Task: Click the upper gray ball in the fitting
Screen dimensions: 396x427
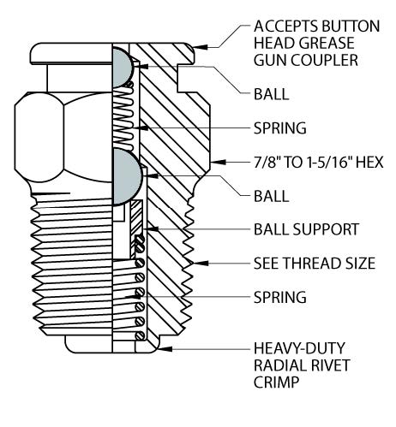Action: click(122, 68)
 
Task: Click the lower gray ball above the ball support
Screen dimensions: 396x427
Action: click(126, 177)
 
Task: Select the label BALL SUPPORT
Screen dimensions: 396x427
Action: click(306, 229)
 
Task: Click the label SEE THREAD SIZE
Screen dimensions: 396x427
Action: click(315, 263)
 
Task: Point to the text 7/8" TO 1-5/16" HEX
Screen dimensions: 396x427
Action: click(318, 162)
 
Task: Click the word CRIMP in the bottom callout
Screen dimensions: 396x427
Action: click(276, 382)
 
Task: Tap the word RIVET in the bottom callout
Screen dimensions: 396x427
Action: click(327, 365)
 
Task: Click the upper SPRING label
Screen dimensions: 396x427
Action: click(280, 128)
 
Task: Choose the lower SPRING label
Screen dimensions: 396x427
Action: click(280, 297)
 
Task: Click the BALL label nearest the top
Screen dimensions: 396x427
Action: click(272, 94)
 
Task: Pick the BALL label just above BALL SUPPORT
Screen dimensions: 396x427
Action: click(272, 196)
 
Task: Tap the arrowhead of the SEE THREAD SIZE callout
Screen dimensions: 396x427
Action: click(201, 263)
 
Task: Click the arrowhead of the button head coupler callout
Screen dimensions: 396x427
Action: click(200, 47)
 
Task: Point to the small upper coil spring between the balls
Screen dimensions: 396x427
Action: click(123, 117)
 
